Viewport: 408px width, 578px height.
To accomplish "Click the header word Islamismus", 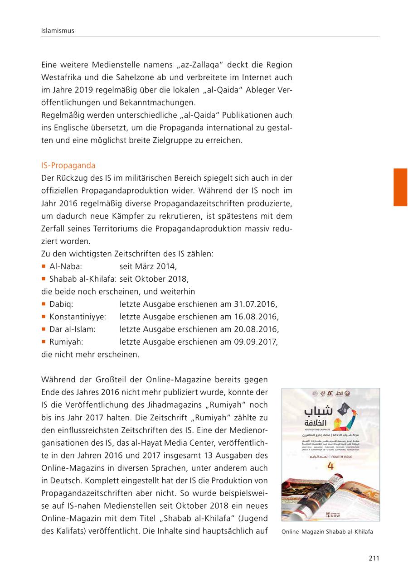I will pos(57,31).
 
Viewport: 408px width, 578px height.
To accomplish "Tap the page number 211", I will pos(374,558).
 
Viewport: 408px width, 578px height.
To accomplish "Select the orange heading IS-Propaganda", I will pos(68,165).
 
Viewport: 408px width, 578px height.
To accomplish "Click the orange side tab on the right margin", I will pos(400,187).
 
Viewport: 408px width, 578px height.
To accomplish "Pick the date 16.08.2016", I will pos(256,316).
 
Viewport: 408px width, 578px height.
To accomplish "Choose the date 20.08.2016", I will pos(256,329).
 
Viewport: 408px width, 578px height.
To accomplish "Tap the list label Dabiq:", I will pos(61,303).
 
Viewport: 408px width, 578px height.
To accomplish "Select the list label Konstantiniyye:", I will pos(78,316).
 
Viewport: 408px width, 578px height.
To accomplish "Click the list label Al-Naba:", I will pos(65,266).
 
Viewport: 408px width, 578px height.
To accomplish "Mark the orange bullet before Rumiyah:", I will pos(44,342).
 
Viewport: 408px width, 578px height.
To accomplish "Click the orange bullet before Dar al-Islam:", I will pos(44,329).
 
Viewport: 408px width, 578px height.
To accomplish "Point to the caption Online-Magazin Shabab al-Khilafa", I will pos(327,532).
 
